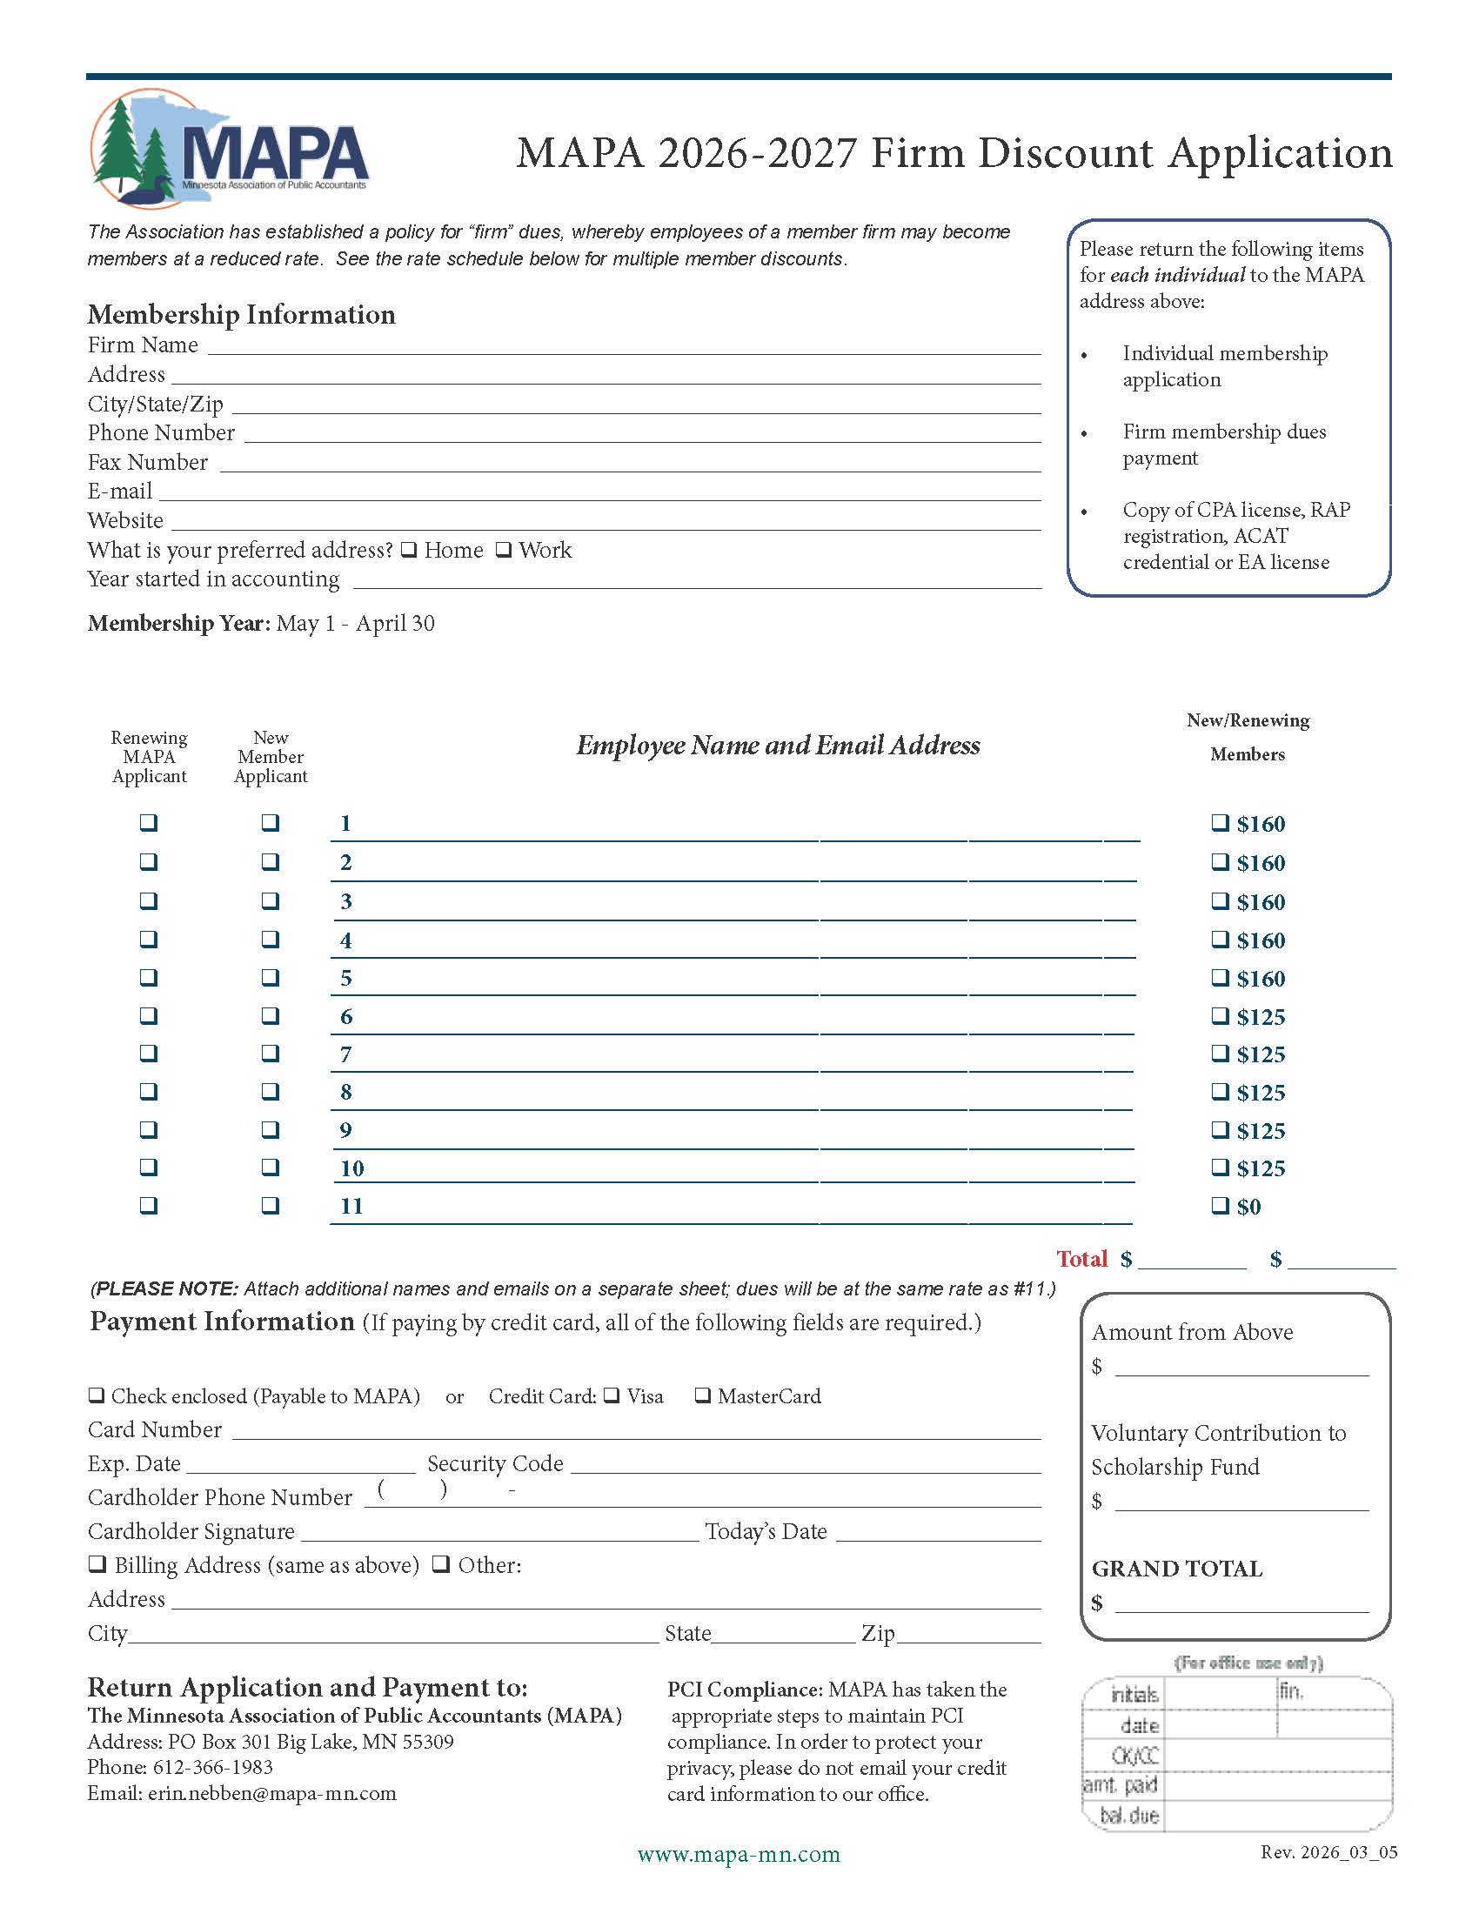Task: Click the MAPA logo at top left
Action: [x=230, y=150]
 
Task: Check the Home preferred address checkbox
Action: [x=409, y=551]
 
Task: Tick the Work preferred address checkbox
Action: [x=504, y=551]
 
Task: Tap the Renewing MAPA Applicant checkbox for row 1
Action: [x=149, y=823]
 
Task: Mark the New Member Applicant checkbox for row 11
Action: [x=271, y=1206]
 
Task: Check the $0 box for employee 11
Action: [x=1220, y=1206]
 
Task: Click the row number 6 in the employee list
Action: [x=346, y=1016]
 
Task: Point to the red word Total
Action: [x=1082, y=1260]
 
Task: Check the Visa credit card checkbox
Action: [x=612, y=1395]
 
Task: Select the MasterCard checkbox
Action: [x=703, y=1395]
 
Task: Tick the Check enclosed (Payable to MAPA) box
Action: [x=97, y=1395]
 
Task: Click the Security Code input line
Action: [x=806, y=1465]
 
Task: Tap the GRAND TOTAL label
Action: [x=1177, y=1569]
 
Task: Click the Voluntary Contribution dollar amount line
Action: [x=1241, y=1504]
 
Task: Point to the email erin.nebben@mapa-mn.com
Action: [x=271, y=1793]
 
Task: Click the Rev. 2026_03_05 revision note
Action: [x=1328, y=1851]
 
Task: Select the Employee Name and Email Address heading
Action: [x=778, y=746]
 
